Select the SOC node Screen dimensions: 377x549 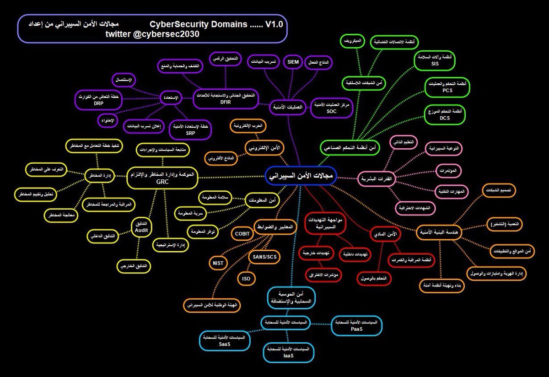tap(332, 108)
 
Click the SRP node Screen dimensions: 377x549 tap(191, 129)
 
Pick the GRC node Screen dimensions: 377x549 tap(162, 178)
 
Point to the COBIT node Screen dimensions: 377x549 tap(242, 233)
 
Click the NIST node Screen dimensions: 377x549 tap(218, 263)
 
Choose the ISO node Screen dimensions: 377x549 tap(246, 278)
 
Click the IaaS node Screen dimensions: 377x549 tap(288, 352)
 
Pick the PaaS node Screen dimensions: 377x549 tap(356, 325)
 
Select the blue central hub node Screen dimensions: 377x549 tap(301, 176)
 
